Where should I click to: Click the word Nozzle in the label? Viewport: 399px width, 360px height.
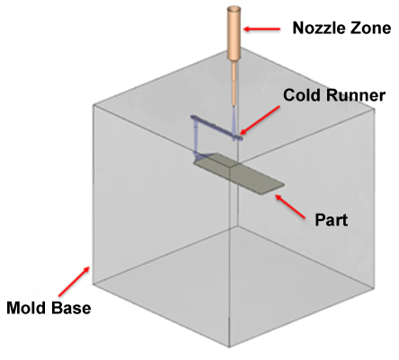coord(316,28)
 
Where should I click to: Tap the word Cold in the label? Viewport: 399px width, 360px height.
coord(302,95)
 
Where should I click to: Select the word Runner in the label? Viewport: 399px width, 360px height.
coord(355,95)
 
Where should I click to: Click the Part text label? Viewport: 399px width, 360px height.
coord(332,220)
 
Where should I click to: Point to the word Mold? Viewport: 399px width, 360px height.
coord(27,308)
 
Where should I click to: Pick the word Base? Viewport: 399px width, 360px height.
coord(71,308)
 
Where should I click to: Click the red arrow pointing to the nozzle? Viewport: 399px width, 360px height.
coord(262,29)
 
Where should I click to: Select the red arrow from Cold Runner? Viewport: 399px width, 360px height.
coord(260,120)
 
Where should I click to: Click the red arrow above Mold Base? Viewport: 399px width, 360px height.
coord(74,282)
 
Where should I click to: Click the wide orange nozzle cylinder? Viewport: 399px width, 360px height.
coord(235,33)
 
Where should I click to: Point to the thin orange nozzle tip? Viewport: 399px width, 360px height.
coord(234,83)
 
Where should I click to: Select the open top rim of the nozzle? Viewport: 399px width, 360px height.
coord(235,9)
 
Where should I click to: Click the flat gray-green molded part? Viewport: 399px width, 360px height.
coord(238,173)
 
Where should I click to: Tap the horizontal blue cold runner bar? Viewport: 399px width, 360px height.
coord(217,127)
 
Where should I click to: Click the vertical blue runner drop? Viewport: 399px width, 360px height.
coord(196,136)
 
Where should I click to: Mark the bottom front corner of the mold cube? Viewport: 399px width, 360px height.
coord(230,347)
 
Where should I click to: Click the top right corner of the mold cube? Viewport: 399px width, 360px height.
coord(375,109)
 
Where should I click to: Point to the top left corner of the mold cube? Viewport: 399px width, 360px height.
coord(93,105)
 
